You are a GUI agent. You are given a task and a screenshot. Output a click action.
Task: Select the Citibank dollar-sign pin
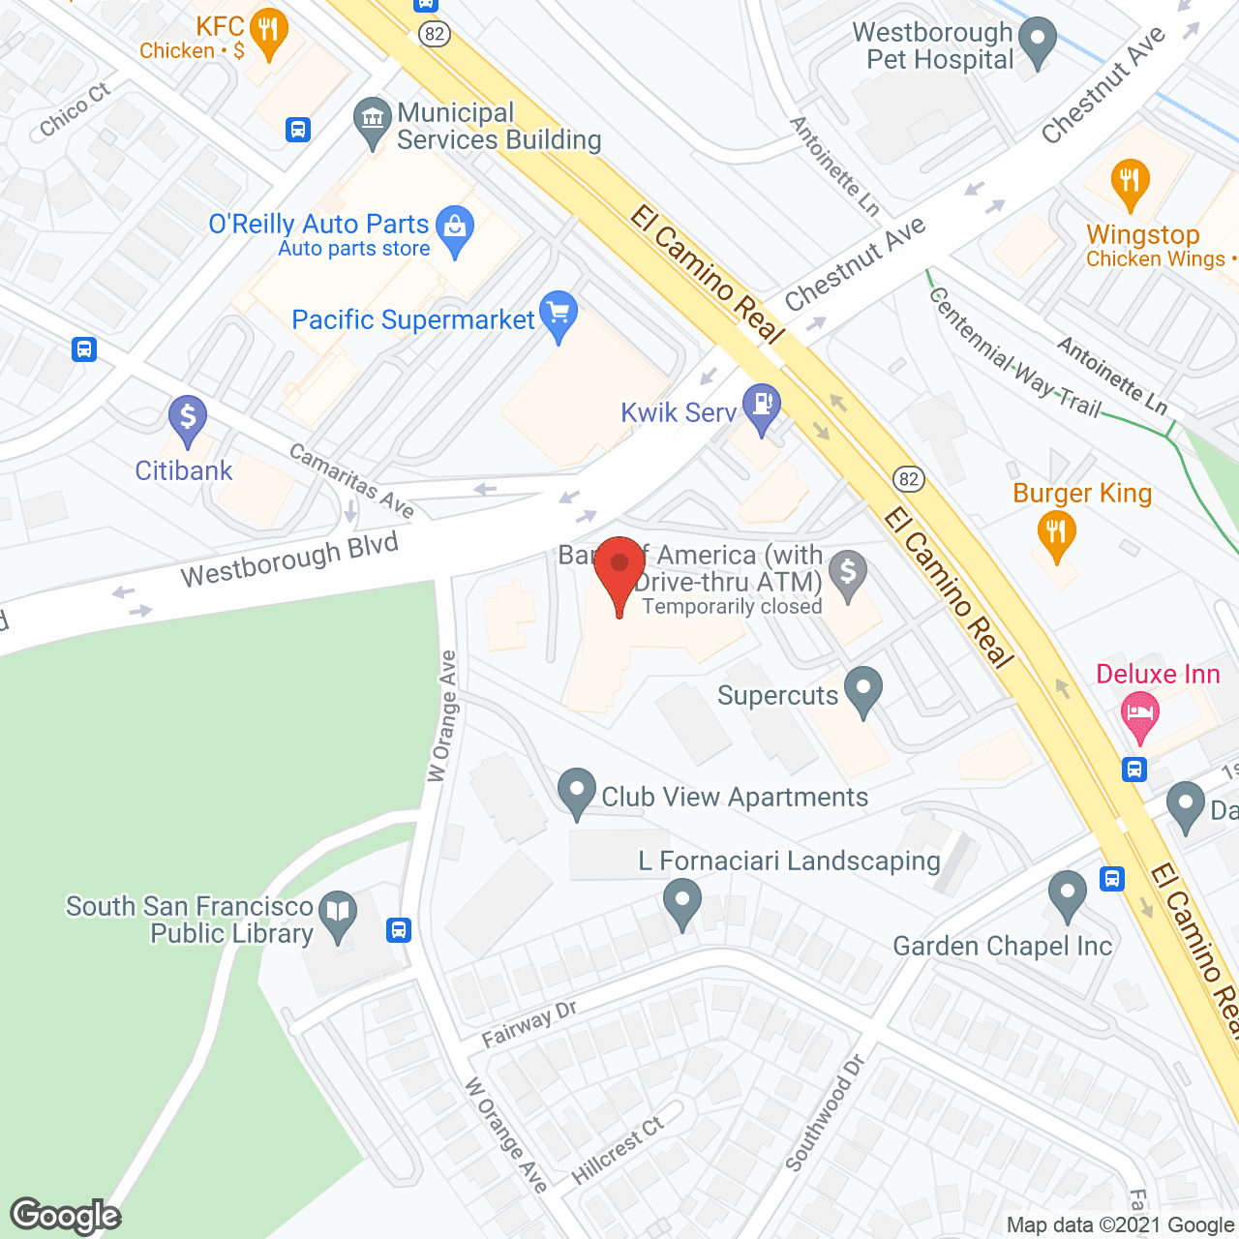[x=187, y=420]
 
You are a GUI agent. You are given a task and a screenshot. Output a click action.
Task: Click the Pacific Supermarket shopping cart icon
[x=558, y=315]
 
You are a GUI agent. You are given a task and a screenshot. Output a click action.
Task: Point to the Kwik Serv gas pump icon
[x=761, y=407]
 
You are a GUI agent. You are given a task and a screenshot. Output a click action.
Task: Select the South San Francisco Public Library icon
[x=338, y=914]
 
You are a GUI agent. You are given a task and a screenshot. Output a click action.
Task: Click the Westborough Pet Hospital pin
[x=1038, y=42]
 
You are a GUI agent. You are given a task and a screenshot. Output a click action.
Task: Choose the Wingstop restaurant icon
[x=1130, y=182]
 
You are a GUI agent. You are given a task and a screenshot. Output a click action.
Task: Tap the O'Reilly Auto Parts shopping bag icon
[x=454, y=229]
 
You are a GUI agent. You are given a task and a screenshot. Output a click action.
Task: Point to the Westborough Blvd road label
[x=289, y=560]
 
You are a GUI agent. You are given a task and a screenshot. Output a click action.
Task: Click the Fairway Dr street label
[x=529, y=1024]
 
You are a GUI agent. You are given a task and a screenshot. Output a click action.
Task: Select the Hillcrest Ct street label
[x=618, y=1149]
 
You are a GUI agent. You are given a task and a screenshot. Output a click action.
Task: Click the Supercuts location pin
[x=862, y=690]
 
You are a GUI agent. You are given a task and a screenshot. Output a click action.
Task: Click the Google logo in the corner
[x=66, y=1216]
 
